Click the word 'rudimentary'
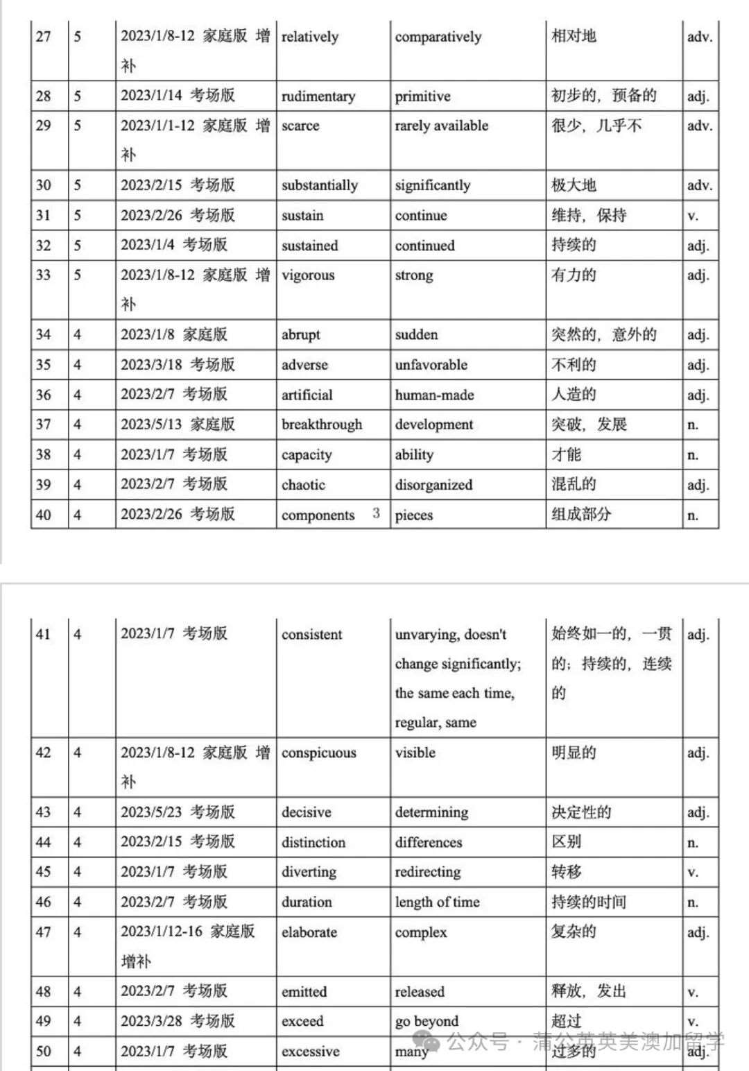coord(318,96)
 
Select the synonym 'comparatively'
coord(438,37)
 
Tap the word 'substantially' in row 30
coord(319,185)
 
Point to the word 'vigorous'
coord(307,275)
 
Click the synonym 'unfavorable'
coord(431,365)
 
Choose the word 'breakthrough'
coord(321,425)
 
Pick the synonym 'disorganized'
coord(433,485)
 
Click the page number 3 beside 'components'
coord(376,513)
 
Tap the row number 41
coord(43,634)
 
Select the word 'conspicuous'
coord(318,753)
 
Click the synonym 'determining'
coord(431,812)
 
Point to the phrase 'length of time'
coord(437,902)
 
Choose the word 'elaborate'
coord(309,932)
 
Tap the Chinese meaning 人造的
coord(574,395)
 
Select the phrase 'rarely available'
coord(441,126)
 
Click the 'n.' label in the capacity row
coord(692,455)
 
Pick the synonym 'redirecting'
coord(427,872)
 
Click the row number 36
coord(43,395)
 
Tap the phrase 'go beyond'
coord(427,1021)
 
